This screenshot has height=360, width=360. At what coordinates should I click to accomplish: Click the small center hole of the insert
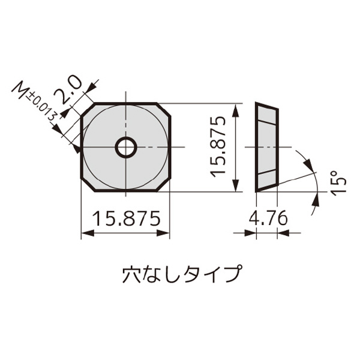126,147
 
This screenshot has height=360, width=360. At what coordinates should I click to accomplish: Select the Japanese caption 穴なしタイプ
181,274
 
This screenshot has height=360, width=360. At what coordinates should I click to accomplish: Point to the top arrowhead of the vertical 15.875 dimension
239,107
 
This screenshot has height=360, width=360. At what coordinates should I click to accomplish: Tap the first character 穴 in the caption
131,274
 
